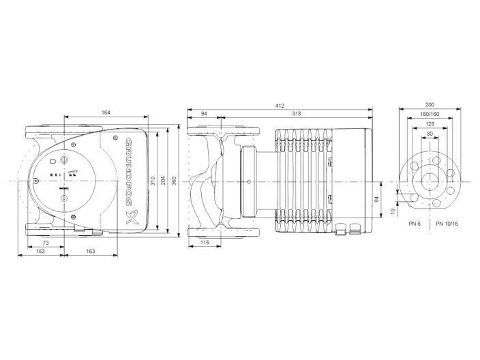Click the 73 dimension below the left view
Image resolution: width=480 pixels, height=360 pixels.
click(x=45, y=243)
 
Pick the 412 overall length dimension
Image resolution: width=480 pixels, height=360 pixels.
click(x=280, y=105)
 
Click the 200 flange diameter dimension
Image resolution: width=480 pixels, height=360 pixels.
click(x=430, y=105)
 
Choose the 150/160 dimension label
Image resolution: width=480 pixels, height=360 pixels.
click(x=430, y=115)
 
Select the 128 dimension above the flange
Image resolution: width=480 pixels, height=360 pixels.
click(x=430, y=124)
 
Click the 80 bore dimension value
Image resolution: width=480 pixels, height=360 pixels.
click(x=430, y=134)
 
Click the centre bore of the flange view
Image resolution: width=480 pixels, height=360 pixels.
click(x=430, y=180)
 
